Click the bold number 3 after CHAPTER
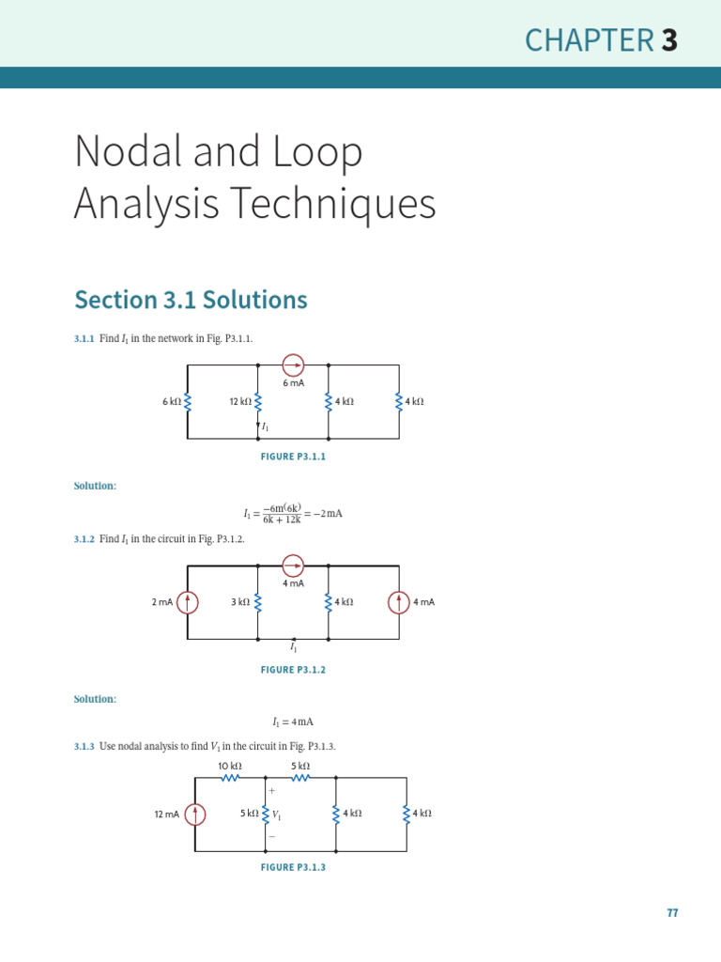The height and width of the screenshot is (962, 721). coord(668,40)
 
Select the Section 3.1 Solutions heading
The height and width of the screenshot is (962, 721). coord(191,300)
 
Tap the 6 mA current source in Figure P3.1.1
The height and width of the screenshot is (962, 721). coord(293,365)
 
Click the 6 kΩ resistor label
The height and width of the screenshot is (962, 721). coord(171,402)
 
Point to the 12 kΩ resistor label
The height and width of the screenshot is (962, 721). coord(240,402)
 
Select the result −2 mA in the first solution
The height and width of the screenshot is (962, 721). coord(329,514)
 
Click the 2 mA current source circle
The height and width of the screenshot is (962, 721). coord(188,602)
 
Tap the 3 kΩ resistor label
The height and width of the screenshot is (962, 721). coord(240,602)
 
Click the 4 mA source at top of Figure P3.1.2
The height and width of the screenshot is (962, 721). coord(293,566)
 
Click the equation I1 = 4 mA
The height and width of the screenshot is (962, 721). coord(293,722)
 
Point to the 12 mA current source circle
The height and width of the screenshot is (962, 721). coord(195,815)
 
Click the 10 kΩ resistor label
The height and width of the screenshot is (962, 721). coord(230,767)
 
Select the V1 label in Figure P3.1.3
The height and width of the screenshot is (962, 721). coord(277,815)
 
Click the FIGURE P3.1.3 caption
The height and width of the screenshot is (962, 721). coord(293,867)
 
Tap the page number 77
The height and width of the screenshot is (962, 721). coord(672,913)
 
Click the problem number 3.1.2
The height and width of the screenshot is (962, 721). coord(84,539)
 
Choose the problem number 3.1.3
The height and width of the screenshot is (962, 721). coord(84,746)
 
